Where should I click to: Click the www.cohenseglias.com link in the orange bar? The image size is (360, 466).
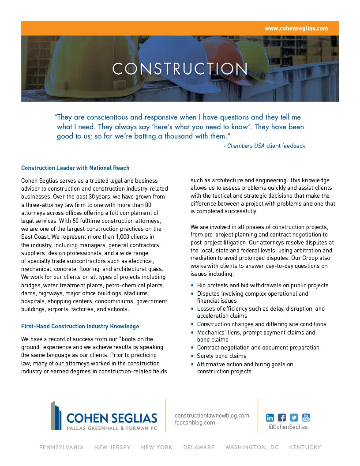coord(296,28)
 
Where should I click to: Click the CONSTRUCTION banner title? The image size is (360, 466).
coord(180,69)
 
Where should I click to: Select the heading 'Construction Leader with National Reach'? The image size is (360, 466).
coord(75,168)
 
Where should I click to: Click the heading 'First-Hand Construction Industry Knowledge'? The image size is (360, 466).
coord(80,327)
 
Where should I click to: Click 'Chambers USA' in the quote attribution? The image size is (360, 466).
coord(246,146)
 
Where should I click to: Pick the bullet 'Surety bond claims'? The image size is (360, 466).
coord(221,356)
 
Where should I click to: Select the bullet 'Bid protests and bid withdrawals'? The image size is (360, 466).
coord(262,286)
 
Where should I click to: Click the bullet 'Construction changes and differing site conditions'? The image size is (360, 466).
coord(261,324)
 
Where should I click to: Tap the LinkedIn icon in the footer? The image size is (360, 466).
coord(270,417)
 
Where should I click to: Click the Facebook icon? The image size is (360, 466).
coord(282,417)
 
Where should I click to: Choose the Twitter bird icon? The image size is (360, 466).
coord(294,417)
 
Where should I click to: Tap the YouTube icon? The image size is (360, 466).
coord(306,417)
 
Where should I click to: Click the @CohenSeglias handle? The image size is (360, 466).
coord(288,427)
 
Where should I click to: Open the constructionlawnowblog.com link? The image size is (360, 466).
coord(212,415)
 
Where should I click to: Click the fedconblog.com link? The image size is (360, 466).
coord(195,422)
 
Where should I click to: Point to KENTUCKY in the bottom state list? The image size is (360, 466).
coord(305,447)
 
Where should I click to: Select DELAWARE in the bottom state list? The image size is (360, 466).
coord(199,447)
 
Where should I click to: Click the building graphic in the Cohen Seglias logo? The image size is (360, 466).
coord(56,415)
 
